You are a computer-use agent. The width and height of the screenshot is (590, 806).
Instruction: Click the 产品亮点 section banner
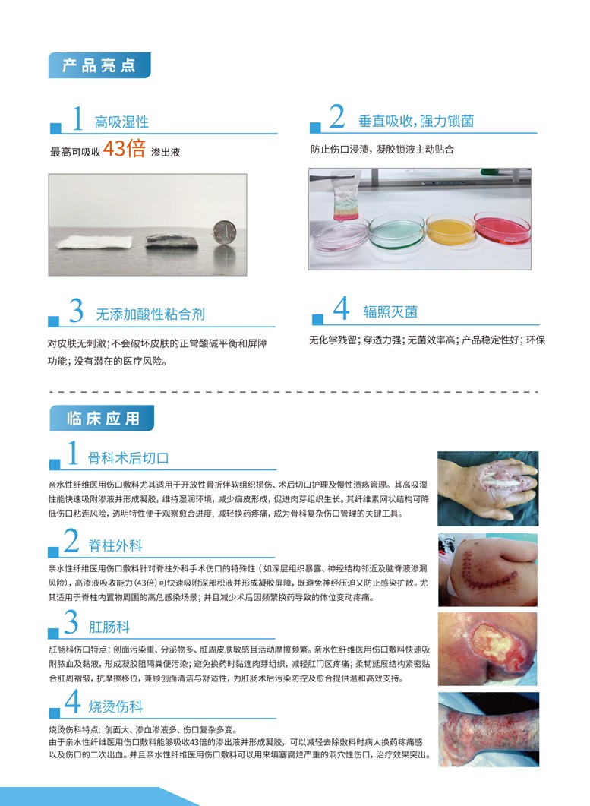click(99, 65)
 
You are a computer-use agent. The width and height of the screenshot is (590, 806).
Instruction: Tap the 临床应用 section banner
click(102, 419)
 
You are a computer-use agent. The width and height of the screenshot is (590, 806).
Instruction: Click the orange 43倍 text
click(124, 149)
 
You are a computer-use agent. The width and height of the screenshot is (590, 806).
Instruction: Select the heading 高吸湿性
click(121, 122)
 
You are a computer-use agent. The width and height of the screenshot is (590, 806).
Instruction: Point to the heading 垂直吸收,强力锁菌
click(416, 122)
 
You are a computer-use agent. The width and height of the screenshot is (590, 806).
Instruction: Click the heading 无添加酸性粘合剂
click(150, 314)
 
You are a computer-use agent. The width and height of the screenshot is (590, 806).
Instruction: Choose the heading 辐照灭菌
click(390, 312)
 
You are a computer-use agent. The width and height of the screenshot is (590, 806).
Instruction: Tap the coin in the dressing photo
click(223, 234)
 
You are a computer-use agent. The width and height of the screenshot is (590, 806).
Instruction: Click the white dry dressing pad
click(95, 242)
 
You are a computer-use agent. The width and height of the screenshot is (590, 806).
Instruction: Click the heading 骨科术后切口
click(128, 457)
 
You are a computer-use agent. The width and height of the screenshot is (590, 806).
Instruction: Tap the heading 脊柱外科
click(115, 545)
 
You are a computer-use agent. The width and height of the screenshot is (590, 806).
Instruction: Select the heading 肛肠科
click(109, 627)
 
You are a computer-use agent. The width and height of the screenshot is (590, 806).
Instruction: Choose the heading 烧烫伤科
click(115, 706)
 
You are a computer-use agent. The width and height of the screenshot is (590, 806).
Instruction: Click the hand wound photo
click(487, 488)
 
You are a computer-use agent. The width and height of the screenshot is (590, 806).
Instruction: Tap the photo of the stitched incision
click(487, 570)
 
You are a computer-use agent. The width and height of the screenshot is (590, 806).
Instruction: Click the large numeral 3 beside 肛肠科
click(71, 621)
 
